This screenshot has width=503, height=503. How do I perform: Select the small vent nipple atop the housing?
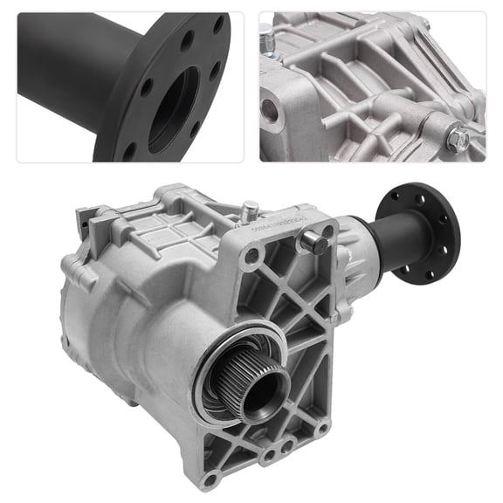[250, 209]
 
